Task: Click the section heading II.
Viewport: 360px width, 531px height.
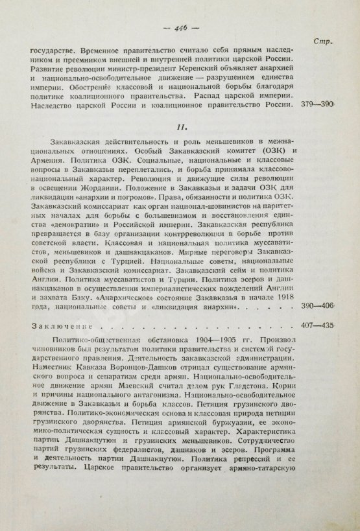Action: tap(184, 128)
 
